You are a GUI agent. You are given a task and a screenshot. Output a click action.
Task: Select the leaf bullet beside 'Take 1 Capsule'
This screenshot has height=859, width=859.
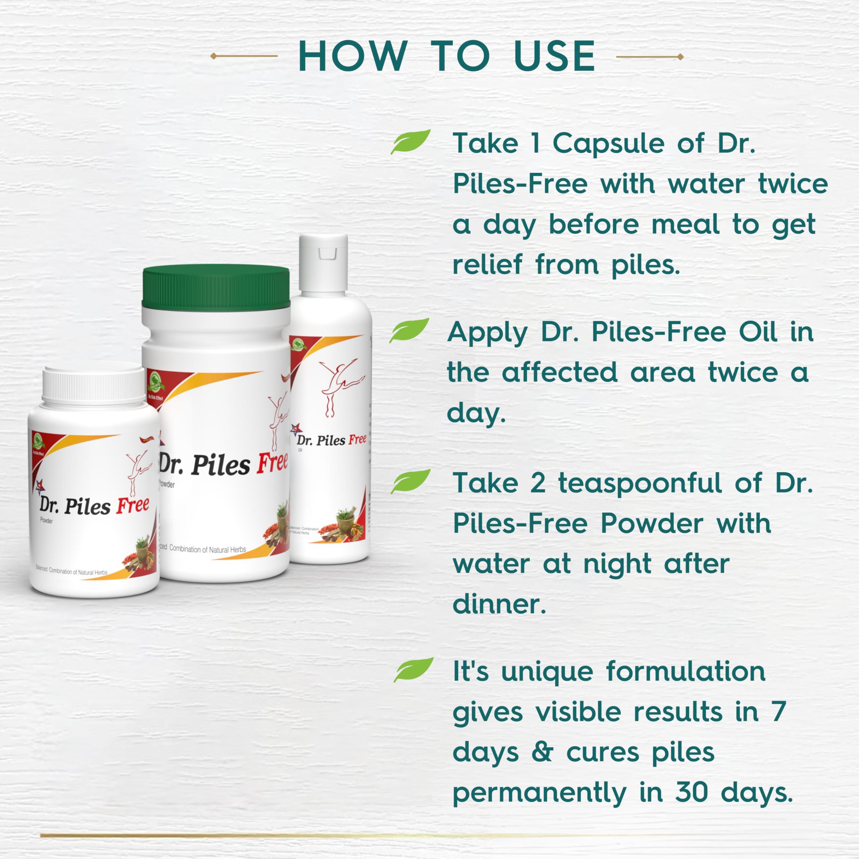tap(410, 141)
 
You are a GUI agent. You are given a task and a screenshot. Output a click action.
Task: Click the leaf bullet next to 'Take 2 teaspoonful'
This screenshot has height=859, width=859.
tap(410, 481)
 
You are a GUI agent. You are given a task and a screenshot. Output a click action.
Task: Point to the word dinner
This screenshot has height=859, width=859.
tap(499, 604)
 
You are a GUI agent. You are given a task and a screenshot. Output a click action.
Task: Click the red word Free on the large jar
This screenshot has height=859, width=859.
tap(272, 462)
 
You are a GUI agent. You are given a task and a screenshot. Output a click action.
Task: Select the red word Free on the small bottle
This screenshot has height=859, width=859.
tap(133, 506)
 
